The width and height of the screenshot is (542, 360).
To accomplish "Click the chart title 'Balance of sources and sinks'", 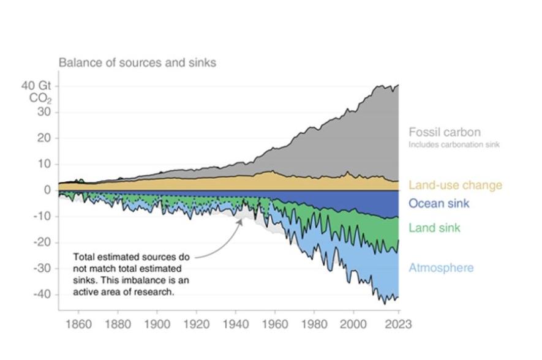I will tap(137, 62).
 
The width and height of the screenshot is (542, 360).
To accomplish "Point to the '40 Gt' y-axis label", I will tap(36, 86).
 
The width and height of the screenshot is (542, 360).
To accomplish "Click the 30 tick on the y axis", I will tap(45, 112).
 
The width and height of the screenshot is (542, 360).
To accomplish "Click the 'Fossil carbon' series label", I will tap(444, 132).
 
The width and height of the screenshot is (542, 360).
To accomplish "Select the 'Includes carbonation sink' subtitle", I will tap(454, 145).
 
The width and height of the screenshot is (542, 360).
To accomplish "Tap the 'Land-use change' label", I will tap(455, 185).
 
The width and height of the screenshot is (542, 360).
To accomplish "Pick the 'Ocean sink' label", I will tap(438, 203).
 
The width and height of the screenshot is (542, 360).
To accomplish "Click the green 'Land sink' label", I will tap(434, 228).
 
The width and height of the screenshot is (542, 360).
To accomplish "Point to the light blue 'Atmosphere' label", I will tap(441, 268).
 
